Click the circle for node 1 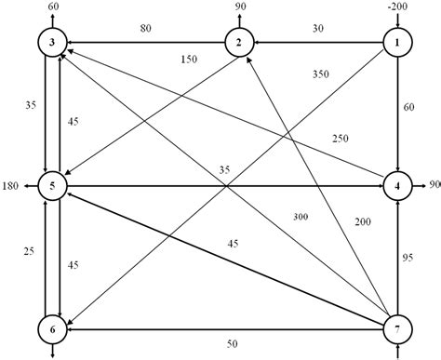(398, 43)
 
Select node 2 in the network (240, 43)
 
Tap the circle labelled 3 (53, 43)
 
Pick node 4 (398, 187)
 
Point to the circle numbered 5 (53, 187)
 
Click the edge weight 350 (321, 74)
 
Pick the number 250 (339, 139)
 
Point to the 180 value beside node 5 (12, 187)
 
